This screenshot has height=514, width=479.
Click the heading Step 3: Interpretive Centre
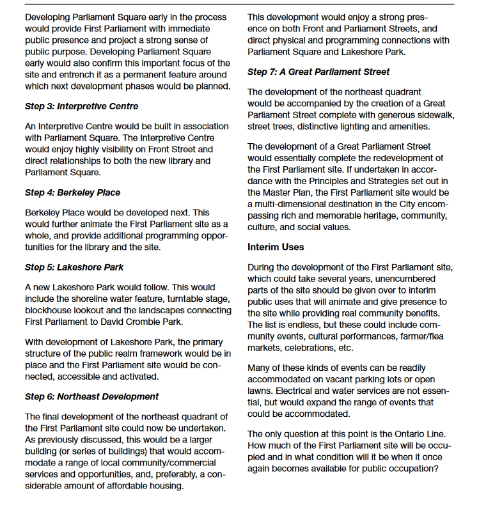click(81, 106)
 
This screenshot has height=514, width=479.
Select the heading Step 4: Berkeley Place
click(72, 192)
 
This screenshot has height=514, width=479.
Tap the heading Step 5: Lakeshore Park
click(74, 267)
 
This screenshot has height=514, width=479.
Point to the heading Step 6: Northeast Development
click(91, 396)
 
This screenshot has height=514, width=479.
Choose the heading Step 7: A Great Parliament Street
click(318, 72)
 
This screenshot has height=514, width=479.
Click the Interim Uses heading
click(276, 246)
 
